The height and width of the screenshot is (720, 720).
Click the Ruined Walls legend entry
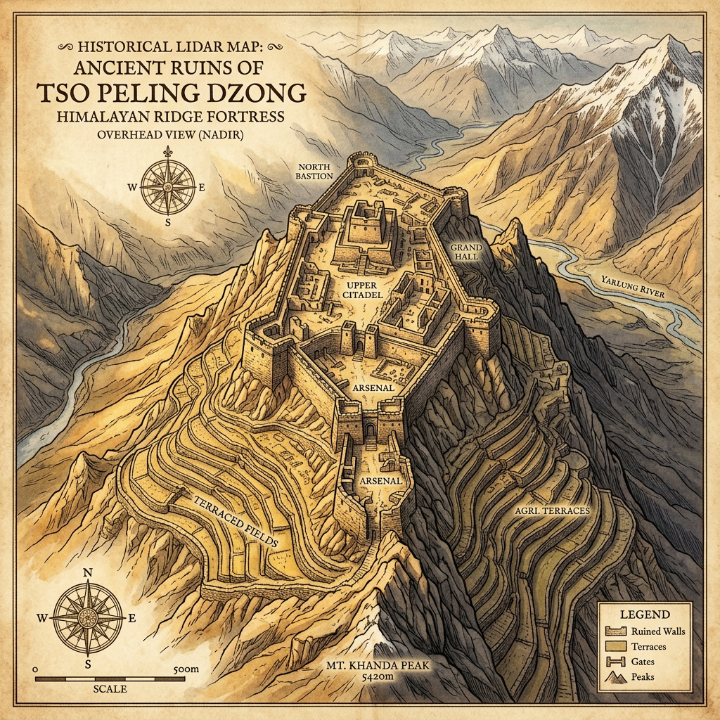click(658, 631)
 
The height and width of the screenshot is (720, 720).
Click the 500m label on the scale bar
click(185, 670)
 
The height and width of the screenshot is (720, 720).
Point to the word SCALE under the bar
click(110, 689)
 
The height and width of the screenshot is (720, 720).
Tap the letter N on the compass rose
click(89, 572)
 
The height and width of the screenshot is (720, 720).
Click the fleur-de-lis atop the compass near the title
click(169, 153)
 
